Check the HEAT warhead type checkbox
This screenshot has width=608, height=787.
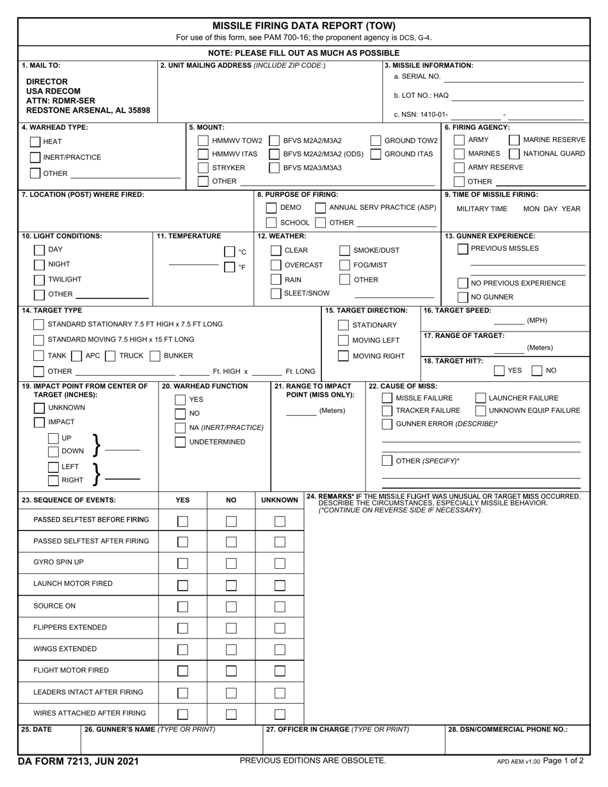[x=35, y=141]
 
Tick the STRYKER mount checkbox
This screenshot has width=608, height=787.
[x=203, y=168]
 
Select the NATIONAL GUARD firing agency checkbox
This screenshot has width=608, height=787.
[x=514, y=154]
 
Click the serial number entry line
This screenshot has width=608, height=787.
[x=513, y=77]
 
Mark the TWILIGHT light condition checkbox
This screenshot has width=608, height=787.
[x=39, y=280]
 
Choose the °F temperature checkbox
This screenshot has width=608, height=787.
[x=229, y=267]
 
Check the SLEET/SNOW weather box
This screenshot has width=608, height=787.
[x=276, y=294]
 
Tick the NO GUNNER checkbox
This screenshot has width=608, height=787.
[x=463, y=298]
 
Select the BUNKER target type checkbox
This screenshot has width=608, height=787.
[x=154, y=356]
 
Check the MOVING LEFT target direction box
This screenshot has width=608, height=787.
[x=343, y=340]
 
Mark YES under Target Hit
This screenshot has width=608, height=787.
[x=499, y=370]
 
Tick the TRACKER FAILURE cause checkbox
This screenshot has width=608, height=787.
[x=387, y=411]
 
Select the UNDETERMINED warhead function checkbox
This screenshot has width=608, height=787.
[x=180, y=442]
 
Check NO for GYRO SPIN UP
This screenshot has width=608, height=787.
[x=231, y=563]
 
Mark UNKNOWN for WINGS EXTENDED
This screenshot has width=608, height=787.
[x=280, y=649]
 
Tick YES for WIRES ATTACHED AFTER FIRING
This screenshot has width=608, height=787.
[x=182, y=714]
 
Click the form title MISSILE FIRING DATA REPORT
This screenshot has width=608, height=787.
[x=304, y=26]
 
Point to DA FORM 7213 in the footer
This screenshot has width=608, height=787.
[x=79, y=761]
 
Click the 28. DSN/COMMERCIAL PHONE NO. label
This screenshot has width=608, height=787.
[x=507, y=729]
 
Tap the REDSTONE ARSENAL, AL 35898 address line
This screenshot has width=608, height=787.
[x=88, y=110]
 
